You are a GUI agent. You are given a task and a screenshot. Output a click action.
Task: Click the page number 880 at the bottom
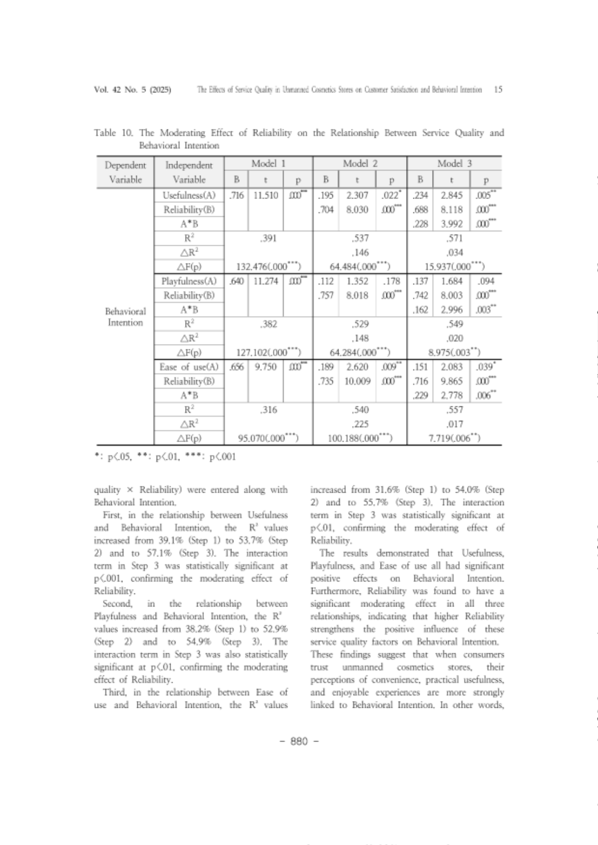299,741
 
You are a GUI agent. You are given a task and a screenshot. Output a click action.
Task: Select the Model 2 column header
359,163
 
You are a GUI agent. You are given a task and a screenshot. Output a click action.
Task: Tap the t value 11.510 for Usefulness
265,196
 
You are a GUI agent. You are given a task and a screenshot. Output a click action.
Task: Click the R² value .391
268,239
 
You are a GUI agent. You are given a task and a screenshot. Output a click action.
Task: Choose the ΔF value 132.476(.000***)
268,267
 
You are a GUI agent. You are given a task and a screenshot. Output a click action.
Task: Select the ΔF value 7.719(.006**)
454,439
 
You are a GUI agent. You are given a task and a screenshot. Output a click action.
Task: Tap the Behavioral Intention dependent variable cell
125,317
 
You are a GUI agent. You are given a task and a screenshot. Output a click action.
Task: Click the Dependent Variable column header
125,172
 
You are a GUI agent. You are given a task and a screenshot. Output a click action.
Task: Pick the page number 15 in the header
498,89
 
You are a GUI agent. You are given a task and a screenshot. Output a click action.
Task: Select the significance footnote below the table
165,458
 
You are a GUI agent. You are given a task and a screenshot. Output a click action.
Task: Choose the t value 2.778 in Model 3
451,396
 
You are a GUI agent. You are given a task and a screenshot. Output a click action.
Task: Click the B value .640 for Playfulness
236,282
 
